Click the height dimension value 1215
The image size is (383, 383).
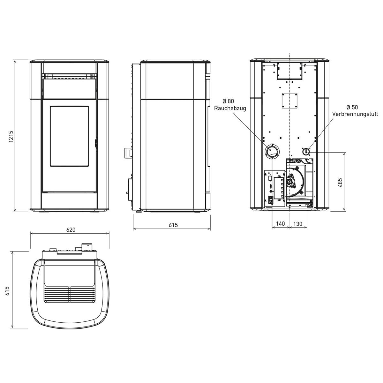click(x=11, y=136)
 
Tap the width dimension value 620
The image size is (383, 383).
click(x=71, y=230)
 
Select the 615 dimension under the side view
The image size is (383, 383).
click(x=173, y=225)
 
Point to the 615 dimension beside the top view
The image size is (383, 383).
click(x=7, y=291)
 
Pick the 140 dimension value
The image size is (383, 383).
click(x=281, y=224)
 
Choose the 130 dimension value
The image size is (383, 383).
click(x=298, y=224)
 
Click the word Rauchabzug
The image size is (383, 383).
click(x=230, y=108)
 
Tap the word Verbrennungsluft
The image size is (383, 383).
click(x=355, y=114)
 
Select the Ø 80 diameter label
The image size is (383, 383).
click(x=229, y=101)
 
